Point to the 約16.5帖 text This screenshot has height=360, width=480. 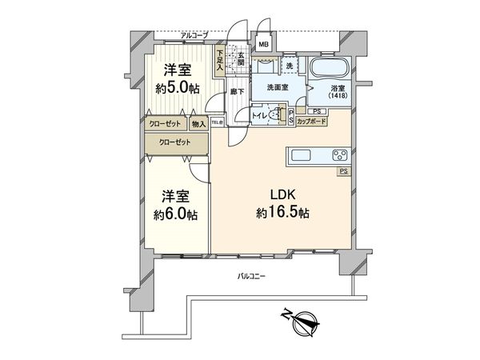[283, 214]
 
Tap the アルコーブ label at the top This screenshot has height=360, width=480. [194, 35]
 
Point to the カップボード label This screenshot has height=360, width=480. [310, 122]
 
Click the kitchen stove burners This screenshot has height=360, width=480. [335, 154]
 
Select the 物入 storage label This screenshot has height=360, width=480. [199, 124]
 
